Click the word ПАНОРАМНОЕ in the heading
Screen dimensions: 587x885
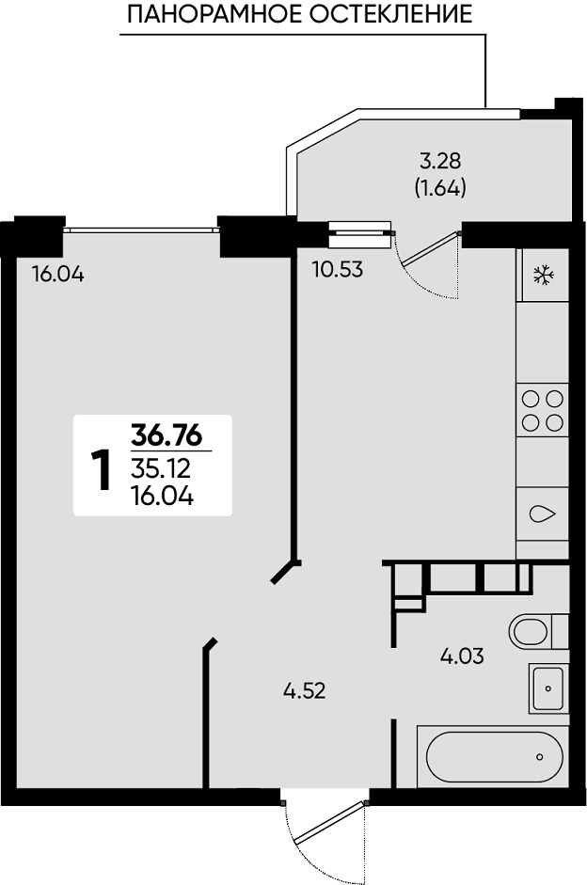(x=215, y=15)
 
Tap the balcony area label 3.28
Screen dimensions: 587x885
(x=440, y=162)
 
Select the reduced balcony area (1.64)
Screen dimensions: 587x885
(x=440, y=187)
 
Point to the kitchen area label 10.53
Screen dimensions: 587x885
(x=338, y=270)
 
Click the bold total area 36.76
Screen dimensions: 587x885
(x=167, y=435)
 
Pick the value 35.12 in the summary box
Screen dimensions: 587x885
(x=161, y=468)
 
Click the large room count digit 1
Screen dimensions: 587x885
(x=102, y=470)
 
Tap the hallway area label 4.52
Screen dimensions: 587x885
(x=305, y=691)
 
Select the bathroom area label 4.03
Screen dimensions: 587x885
(x=462, y=656)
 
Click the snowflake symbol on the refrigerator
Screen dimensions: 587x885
(x=544, y=276)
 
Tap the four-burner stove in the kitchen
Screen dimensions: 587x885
(x=543, y=410)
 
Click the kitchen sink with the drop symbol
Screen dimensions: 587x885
(x=543, y=514)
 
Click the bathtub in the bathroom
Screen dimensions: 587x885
(x=493, y=756)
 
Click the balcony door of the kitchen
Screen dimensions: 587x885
(x=428, y=264)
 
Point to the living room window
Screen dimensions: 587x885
(x=140, y=229)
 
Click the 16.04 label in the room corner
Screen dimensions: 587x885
(x=58, y=275)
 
